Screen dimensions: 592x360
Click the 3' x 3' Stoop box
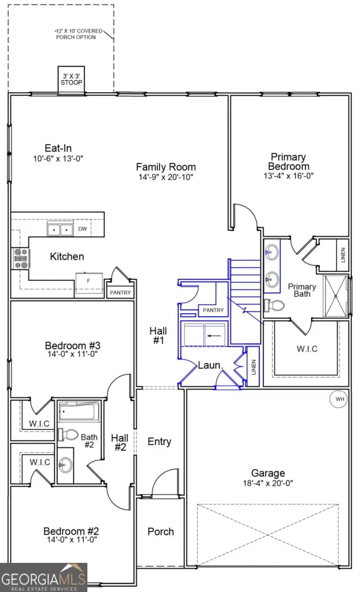tap(72, 79)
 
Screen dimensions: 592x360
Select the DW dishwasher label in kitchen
tap(83, 229)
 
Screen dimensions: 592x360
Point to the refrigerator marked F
tap(88, 280)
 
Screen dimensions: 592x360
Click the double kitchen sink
tap(60, 230)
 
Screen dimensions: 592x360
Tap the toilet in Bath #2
tap(69, 434)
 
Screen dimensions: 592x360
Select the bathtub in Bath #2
tap(79, 410)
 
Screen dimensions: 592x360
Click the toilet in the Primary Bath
tap(274, 305)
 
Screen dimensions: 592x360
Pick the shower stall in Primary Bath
tap(337, 296)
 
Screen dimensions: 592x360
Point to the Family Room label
tap(166, 167)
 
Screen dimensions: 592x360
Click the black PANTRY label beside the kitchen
tap(120, 292)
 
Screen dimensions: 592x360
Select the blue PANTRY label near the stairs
tap(213, 310)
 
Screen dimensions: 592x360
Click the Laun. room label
tap(211, 366)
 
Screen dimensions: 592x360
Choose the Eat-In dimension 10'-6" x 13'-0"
tap(58, 158)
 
